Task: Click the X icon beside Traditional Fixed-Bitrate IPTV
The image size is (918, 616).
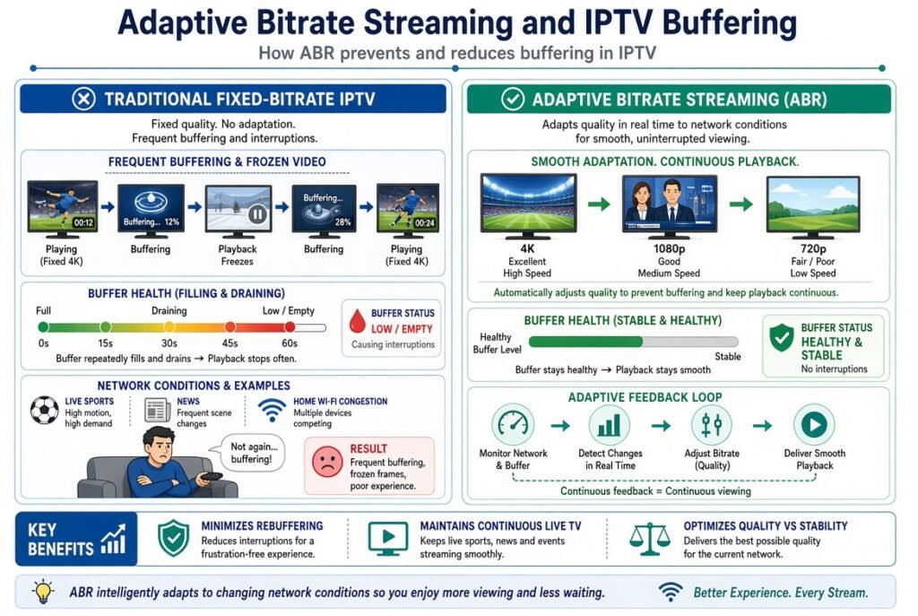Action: pyautogui.click(x=83, y=99)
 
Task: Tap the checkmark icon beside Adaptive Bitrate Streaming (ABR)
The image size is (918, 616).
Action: pyautogui.click(x=513, y=99)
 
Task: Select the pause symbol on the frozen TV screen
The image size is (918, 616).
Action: pyautogui.click(x=257, y=214)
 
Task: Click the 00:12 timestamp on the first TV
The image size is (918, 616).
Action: pyautogui.click(x=83, y=222)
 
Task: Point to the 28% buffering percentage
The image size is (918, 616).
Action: pyautogui.click(x=342, y=222)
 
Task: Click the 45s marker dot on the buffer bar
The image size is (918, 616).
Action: pyautogui.click(x=230, y=326)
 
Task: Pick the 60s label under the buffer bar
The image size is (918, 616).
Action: pyautogui.click(x=290, y=343)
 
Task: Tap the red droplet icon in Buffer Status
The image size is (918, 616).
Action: pyautogui.click(x=357, y=320)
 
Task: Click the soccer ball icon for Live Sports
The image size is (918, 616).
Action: pyautogui.click(x=45, y=411)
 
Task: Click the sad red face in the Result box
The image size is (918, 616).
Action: pyautogui.click(x=327, y=462)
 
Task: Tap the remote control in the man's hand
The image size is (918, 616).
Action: pyautogui.click(x=211, y=477)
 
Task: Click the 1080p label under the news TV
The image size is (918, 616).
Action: pyautogui.click(x=669, y=249)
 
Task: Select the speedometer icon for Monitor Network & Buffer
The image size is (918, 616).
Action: pyautogui.click(x=513, y=424)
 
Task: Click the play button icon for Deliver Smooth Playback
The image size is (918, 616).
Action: pyautogui.click(x=814, y=424)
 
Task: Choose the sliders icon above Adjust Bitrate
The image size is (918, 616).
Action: pyautogui.click(x=711, y=424)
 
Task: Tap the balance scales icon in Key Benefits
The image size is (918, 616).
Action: pyautogui.click(x=650, y=539)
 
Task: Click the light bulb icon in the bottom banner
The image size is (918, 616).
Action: pyautogui.click(x=43, y=592)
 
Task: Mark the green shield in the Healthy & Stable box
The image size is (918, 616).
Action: pyautogui.click(x=782, y=337)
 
